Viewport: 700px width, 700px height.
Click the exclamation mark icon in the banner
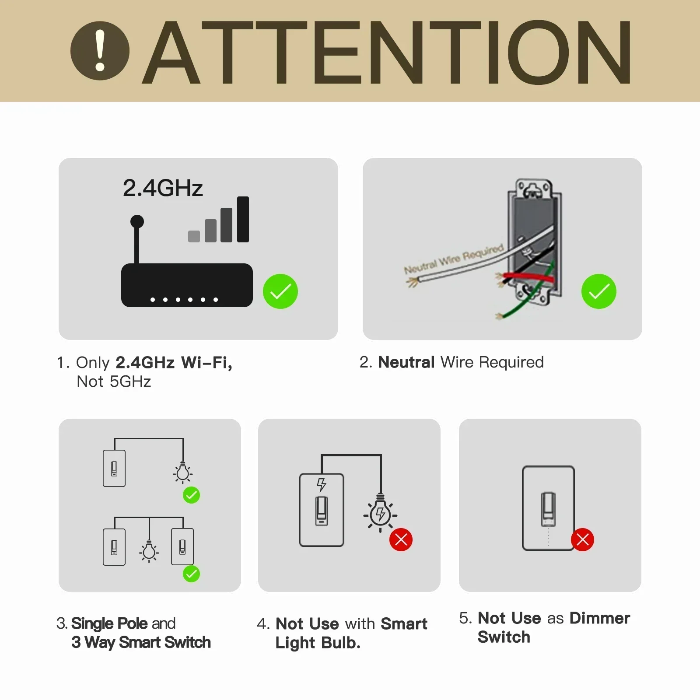[100, 51]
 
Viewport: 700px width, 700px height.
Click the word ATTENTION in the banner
[387, 52]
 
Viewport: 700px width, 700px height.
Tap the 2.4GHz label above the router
[163, 188]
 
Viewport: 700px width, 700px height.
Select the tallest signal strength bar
[243, 219]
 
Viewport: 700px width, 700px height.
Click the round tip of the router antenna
[137, 221]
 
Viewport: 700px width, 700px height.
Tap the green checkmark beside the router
[280, 291]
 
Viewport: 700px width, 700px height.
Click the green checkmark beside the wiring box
[598, 291]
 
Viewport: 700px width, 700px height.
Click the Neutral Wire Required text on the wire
[453, 261]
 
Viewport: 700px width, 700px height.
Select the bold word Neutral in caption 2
[406, 362]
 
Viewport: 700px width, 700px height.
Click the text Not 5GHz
[114, 381]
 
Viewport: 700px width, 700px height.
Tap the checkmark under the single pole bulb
[191, 495]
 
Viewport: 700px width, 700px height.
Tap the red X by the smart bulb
[401, 539]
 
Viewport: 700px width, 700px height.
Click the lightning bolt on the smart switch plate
[322, 485]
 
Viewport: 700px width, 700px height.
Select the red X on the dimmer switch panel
[582, 539]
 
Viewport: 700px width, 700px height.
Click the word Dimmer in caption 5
[599, 618]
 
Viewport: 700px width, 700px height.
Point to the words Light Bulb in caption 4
[318, 643]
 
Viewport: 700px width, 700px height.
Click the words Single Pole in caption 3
[109, 623]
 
